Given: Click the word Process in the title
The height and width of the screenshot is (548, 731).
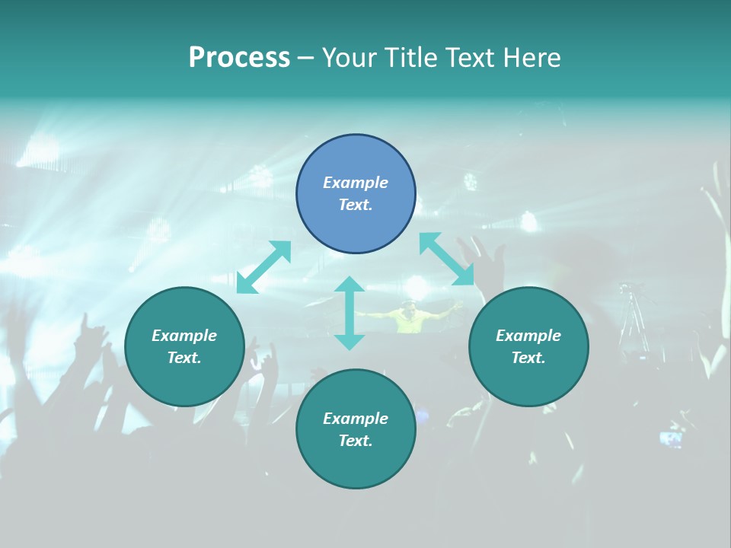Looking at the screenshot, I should tap(239, 58).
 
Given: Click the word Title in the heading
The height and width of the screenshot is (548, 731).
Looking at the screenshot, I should tap(407, 58).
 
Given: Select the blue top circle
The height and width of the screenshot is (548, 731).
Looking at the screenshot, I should tap(356, 194).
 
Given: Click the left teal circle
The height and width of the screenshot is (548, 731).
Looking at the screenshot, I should tap(184, 346).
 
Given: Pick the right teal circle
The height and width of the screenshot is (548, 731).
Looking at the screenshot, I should tap(528, 346).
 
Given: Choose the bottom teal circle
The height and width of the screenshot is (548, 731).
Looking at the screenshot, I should tap(356, 429).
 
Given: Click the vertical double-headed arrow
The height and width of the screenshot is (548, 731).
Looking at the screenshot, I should tap(350, 313).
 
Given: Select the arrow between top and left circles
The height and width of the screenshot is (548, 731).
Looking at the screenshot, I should tap(263, 266).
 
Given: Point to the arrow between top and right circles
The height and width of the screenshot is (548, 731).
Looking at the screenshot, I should tap(446, 259).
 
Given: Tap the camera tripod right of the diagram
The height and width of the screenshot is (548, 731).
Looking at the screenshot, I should tap(632, 320).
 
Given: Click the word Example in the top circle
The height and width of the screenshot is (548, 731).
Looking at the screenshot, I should tap(356, 183).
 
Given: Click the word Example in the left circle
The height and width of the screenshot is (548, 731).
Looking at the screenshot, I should tap(184, 336).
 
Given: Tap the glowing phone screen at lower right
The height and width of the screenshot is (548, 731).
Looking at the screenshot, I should tap(670, 438).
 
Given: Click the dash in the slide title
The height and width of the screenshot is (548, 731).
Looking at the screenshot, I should tap(305, 58).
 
